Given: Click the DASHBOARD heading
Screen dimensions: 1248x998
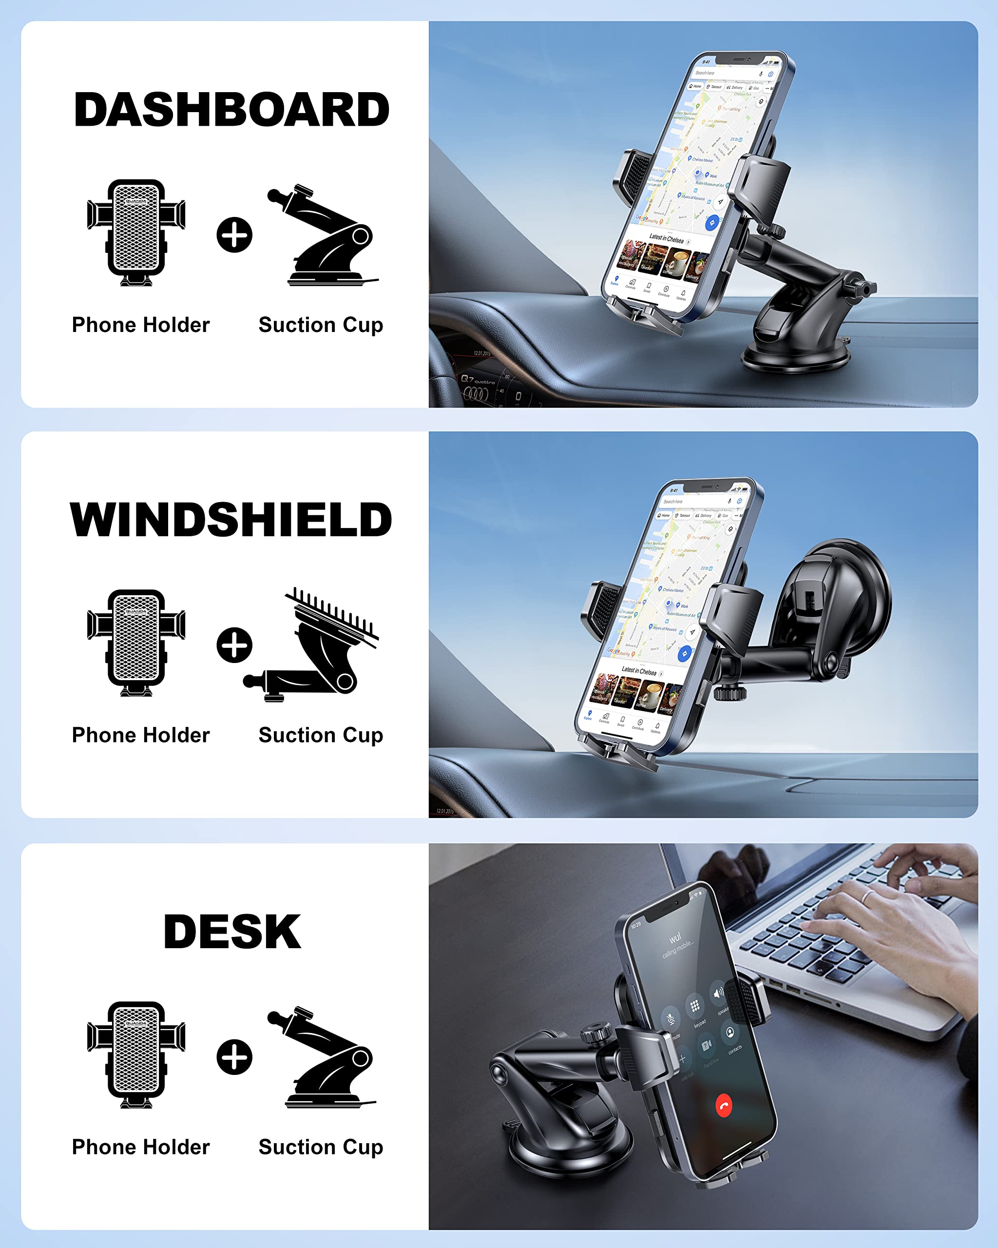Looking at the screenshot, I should (231, 110).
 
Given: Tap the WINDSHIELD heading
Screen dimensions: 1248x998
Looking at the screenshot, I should (231, 520).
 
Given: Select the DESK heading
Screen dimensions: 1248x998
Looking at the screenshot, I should (232, 932).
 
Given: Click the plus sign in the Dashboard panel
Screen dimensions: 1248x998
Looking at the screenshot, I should (234, 235).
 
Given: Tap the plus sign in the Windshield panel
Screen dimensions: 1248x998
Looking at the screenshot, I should (234, 645).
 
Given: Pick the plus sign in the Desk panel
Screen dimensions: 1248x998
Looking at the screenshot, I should (234, 1057).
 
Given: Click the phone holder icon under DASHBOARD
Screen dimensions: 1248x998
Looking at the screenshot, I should (136, 233).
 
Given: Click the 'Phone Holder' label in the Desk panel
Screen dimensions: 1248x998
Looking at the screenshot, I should (141, 1147).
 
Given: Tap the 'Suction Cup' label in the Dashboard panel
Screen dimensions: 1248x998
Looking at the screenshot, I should (321, 325).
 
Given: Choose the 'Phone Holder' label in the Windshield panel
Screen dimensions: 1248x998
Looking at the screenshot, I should (141, 735).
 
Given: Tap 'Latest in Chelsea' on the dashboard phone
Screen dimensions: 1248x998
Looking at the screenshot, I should (667, 238).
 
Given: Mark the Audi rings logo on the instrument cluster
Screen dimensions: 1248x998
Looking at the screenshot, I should (476, 393).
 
